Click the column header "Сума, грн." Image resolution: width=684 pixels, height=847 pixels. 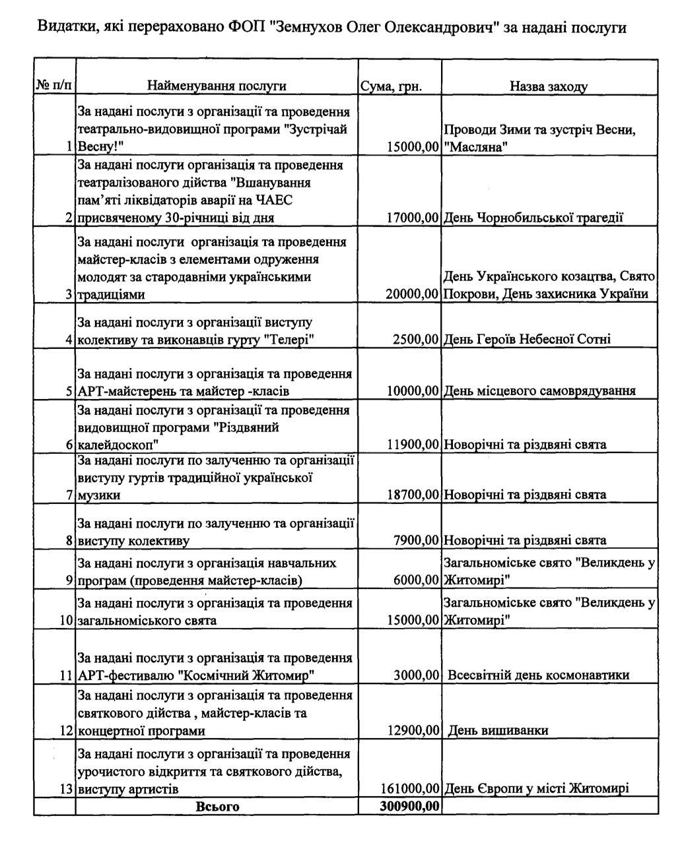[392, 87]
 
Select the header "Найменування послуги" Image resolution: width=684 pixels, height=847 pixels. [217, 86]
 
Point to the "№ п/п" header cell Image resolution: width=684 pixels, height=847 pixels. [54, 86]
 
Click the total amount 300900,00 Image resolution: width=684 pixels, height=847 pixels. [409, 806]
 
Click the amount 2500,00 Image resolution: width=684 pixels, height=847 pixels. [416, 340]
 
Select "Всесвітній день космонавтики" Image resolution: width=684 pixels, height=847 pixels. [538, 675]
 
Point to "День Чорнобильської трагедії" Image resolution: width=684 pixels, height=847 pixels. [533, 218]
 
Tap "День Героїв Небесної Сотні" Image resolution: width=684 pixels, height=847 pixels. [527, 340]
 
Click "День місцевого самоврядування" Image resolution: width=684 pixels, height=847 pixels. [539, 391]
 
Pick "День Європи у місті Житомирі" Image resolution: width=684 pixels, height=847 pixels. [536, 788]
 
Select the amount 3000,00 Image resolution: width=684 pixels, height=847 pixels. [416, 675]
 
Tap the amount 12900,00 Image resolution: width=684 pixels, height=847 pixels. [414, 730]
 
